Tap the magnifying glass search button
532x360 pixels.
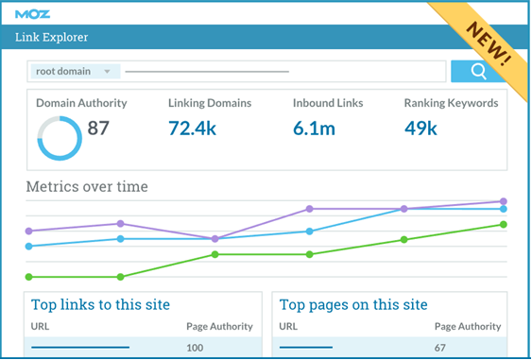tap(478, 71)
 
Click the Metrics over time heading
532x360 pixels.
tap(87, 187)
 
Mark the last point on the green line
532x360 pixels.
tap(504, 225)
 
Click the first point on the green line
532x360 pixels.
tap(29, 277)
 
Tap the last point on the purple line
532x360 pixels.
tap(504, 201)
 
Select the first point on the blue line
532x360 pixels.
tap(29, 247)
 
